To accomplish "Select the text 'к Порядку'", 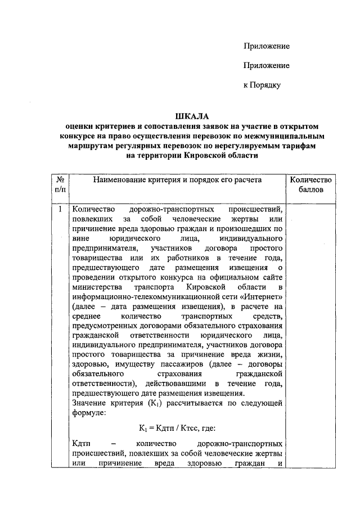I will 262,85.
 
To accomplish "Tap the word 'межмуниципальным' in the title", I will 283,136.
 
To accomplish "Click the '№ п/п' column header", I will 60,184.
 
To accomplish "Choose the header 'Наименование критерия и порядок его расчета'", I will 178,179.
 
